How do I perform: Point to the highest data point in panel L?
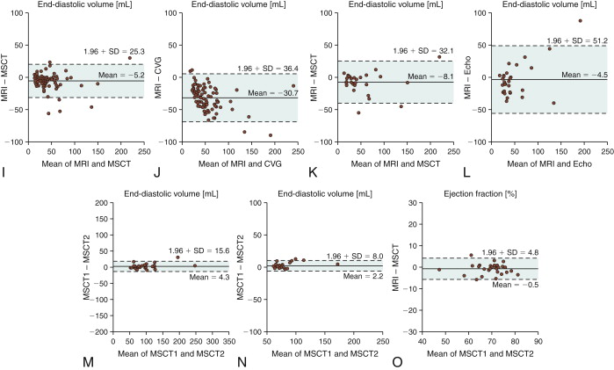coord(580,20)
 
